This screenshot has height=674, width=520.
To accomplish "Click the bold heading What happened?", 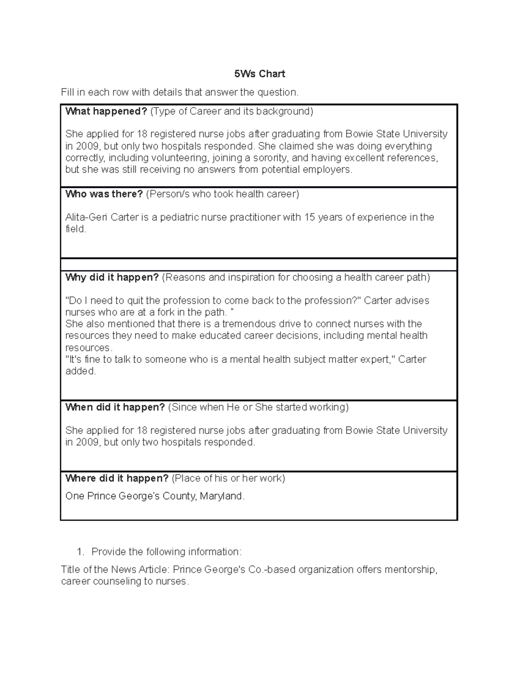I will tap(106, 111).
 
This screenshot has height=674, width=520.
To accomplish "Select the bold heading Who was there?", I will tap(104, 194).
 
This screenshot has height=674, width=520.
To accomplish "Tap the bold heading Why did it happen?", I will tap(112, 277).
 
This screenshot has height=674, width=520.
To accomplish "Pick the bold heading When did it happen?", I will tap(115, 407).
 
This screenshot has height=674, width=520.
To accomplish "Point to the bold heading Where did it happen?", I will tap(117, 478).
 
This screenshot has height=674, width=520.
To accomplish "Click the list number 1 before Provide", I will tap(79, 552).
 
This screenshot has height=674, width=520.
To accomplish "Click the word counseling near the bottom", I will tap(112, 581).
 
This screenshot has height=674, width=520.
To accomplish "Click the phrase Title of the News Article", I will tap(115, 569).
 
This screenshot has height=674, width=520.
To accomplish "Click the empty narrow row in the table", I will tap(259, 264).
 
